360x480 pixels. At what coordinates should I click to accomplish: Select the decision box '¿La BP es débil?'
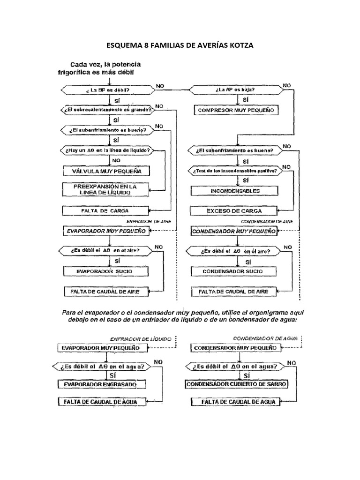[x=108, y=90]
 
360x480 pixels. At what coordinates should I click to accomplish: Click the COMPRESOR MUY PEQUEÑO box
[x=236, y=111]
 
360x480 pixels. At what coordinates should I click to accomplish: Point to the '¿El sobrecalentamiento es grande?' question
[x=108, y=110]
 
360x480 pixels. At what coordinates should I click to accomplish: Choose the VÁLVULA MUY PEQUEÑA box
[x=105, y=171]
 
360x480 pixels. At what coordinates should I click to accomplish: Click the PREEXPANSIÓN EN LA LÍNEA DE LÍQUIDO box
[x=105, y=189]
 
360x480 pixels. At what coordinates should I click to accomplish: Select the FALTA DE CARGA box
[x=105, y=210]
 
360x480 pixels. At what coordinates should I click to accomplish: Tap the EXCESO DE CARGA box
[x=234, y=210]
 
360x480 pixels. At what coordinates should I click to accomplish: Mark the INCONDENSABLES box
[x=234, y=191]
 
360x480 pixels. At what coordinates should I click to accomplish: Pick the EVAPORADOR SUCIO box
[x=105, y=271]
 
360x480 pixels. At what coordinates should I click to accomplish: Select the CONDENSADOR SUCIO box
[x=234, y=271]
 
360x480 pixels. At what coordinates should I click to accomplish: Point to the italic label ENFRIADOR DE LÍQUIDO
[x=141, y=338]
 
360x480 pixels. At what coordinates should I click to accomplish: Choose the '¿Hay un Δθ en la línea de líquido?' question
[x=108, y=150]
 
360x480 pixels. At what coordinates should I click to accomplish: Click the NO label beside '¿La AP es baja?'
[x=286, y=86]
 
